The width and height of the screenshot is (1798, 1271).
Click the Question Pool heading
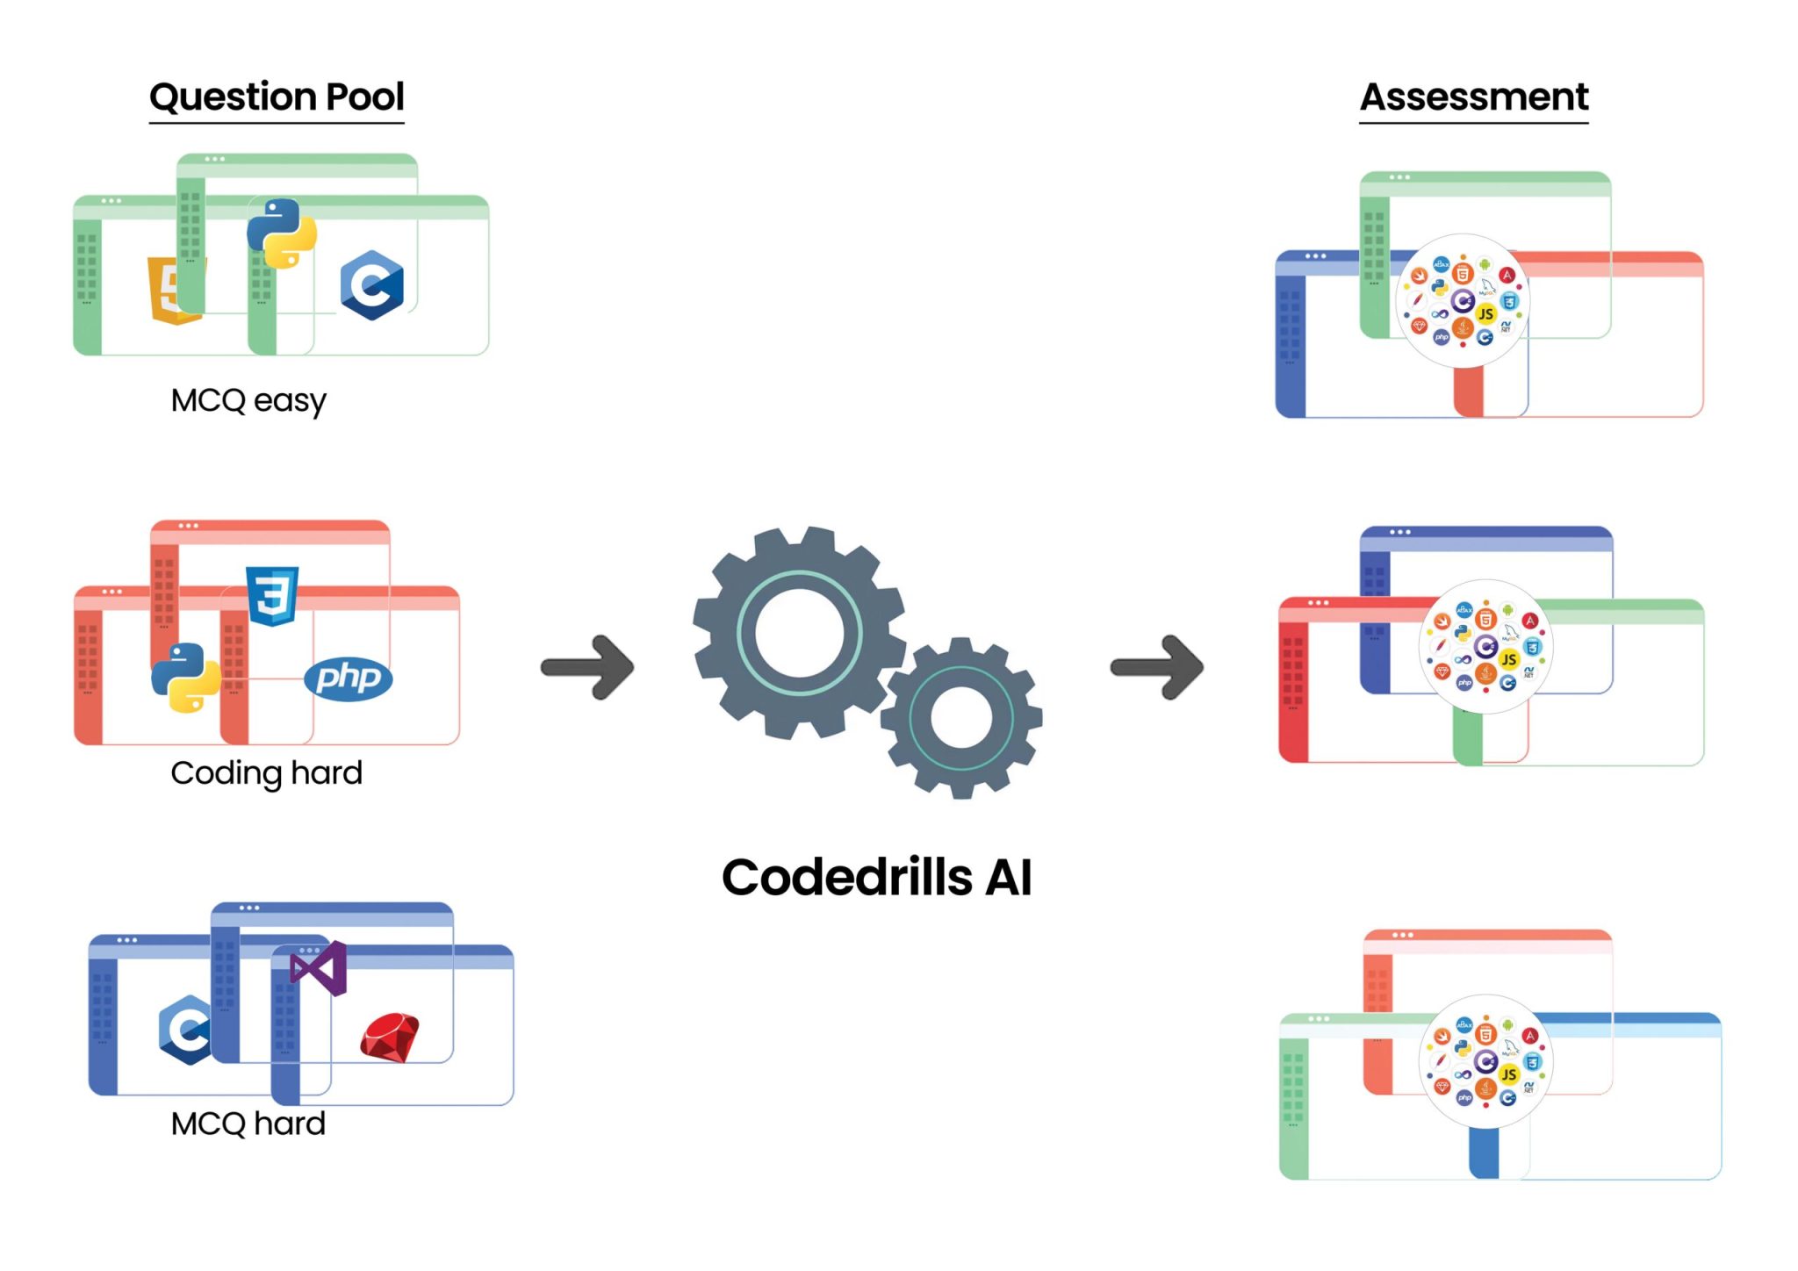(x=277, y=97)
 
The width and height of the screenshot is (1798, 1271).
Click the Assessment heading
(x=1474, y=97)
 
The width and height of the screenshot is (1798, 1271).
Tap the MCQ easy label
(x=248, y=400)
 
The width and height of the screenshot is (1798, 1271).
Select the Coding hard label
(x=266, y=772)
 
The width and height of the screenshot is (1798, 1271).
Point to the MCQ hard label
(x=248, y=1124)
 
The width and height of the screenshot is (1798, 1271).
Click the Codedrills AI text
(x=876, y=877)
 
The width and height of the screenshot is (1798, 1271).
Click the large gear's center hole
(x=799, y=633)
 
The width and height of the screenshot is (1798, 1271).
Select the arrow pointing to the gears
(x=587, y=667)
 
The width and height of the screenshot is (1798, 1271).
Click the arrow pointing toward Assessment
(x=1156, y=667)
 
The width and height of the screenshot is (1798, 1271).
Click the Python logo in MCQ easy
(x=281, y=233)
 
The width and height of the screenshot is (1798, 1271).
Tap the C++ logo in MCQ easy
(x=372, y=285)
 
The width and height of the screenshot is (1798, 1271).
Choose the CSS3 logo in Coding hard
(x=272, y=595)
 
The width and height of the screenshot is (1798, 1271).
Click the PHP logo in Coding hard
(x=349, y=678)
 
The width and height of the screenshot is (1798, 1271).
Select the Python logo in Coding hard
(x=185, y=678)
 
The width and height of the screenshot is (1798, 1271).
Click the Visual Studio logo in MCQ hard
(x=320, y=968)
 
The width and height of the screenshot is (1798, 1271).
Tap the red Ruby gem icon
(x=390, y=1038)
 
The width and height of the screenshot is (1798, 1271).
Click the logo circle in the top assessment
(x=1462, y=300)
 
